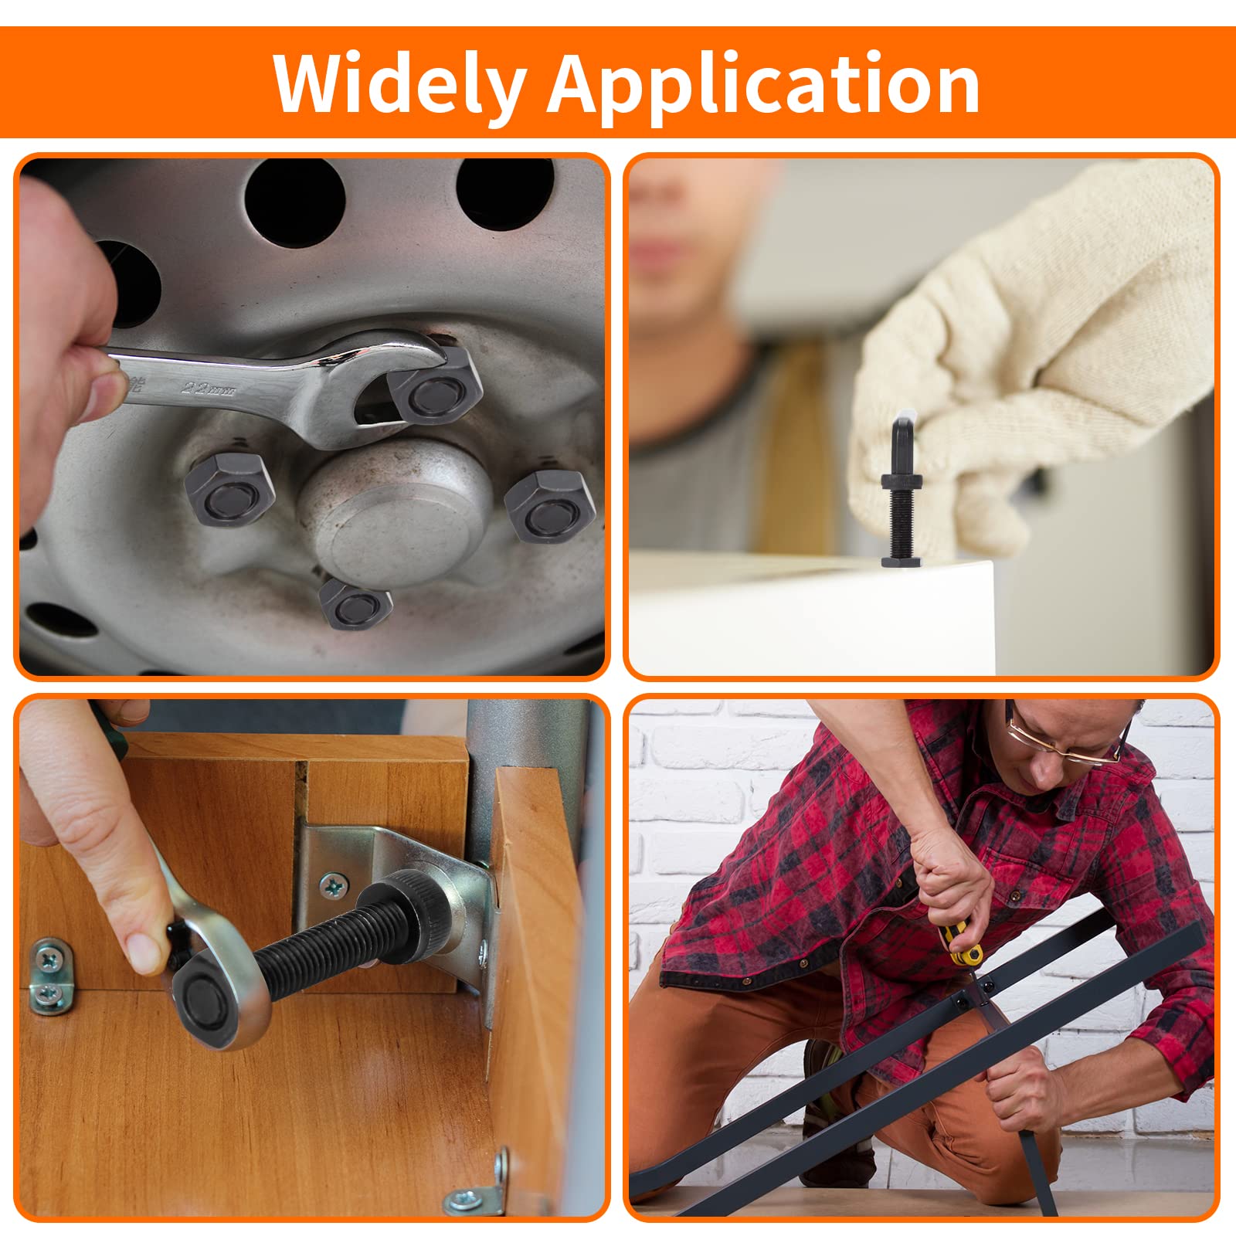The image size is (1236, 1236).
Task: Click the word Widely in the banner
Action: tap(399, 83)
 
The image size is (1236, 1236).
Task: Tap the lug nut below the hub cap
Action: tap(355, 604)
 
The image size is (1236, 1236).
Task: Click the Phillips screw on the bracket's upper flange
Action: tap(335, 885)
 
